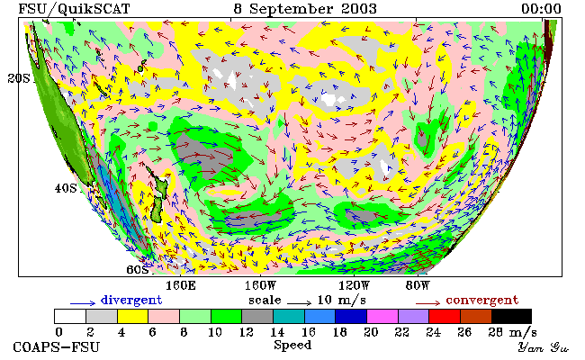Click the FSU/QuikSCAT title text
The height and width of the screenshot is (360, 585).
74,9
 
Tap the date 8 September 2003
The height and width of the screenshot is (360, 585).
305,9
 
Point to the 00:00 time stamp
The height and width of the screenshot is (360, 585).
541,9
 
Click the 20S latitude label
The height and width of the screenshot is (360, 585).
19,78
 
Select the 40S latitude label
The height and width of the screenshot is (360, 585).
66,188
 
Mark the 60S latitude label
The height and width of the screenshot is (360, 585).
138,269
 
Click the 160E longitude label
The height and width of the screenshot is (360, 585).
181,286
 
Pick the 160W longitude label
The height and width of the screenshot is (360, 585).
260,286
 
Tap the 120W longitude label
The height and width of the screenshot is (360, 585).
354,286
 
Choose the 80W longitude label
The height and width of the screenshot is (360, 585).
418,286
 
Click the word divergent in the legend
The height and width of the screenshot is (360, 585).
131,300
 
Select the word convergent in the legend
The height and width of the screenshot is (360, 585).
482,300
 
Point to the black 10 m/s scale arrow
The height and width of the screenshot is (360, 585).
299,303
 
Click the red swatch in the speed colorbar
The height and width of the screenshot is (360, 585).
445,317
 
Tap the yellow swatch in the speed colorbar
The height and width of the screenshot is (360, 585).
133,317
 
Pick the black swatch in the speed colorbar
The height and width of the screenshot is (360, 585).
511,317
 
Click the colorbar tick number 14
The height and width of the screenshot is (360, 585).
277,332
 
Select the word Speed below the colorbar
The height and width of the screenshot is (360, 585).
292,345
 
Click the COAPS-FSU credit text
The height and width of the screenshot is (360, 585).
57,346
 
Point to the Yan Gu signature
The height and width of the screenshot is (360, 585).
544,348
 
